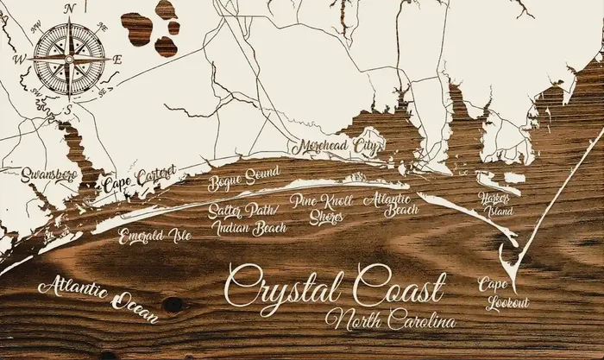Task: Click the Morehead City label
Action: coord(337,147)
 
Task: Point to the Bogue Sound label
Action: coord(244,180)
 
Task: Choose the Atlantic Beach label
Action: coord(390,204)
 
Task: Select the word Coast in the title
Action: coord(398,286)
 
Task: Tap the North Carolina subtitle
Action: coord(391,321)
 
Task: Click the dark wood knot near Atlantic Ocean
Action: coord(174,304)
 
